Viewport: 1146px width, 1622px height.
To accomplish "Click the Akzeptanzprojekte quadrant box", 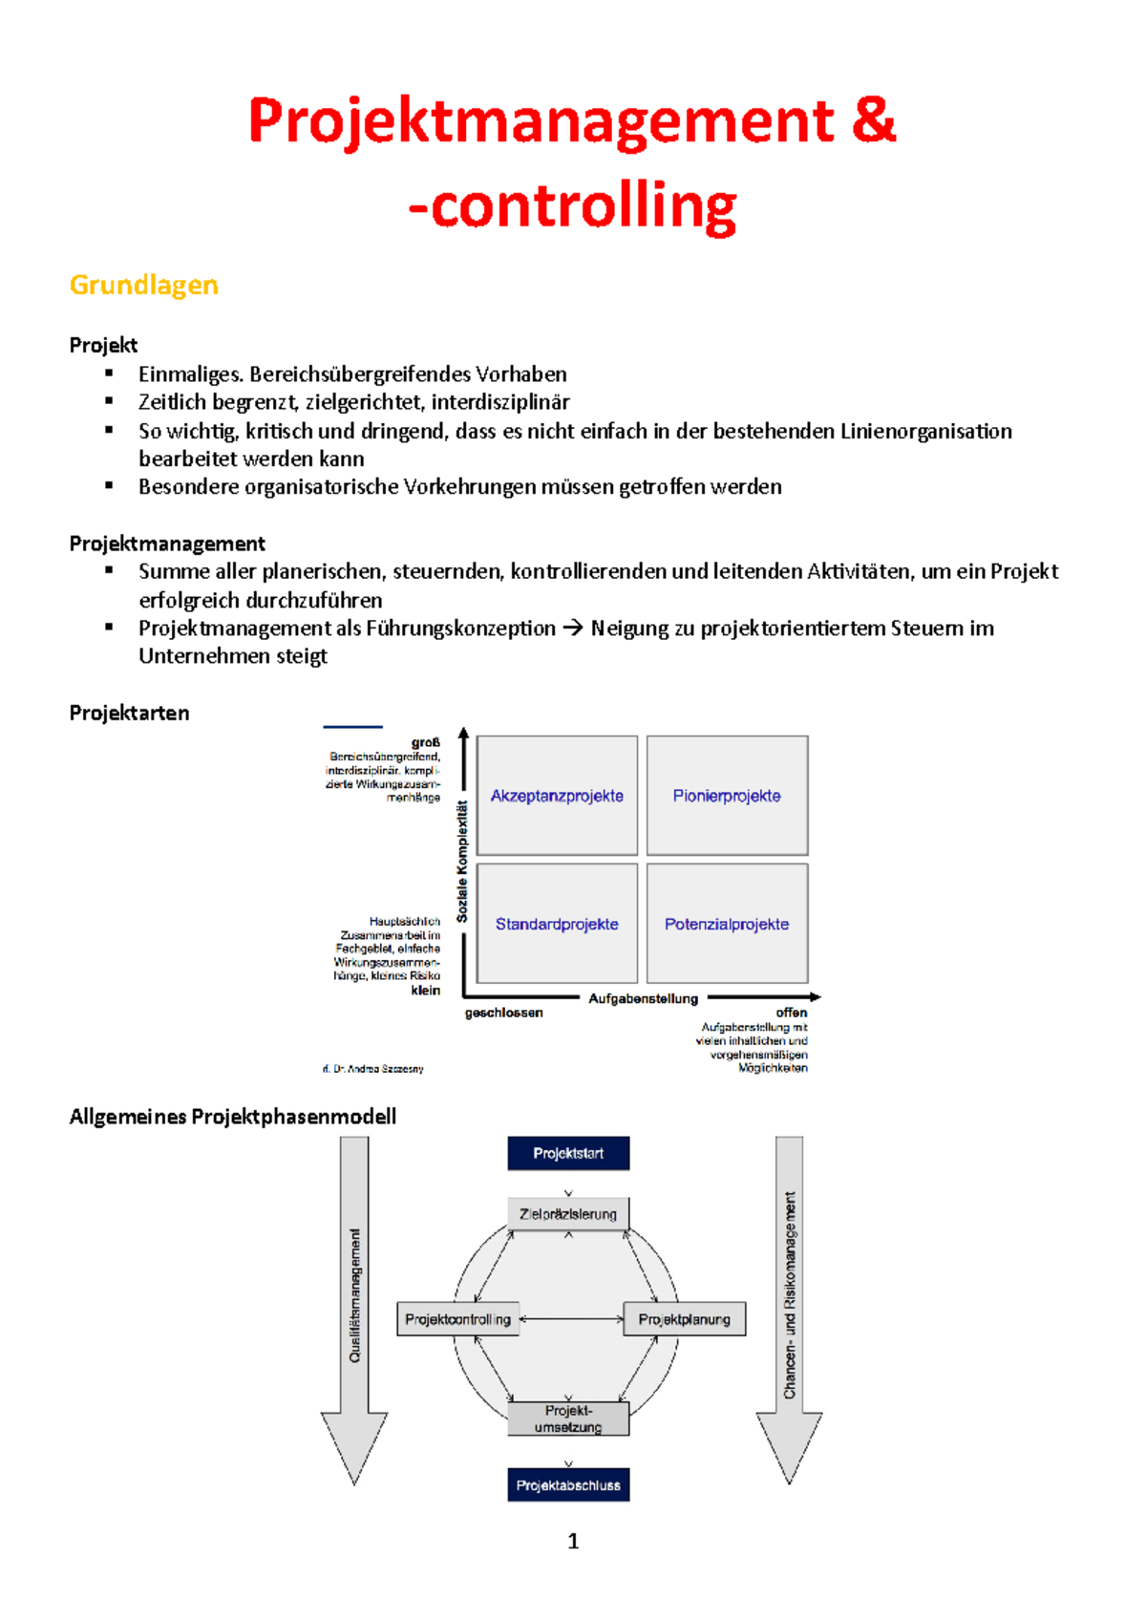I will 557,796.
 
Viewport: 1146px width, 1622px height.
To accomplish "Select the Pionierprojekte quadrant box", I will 727,796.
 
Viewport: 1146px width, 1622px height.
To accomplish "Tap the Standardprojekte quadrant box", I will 557,924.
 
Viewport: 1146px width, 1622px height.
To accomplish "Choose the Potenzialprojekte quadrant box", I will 727,924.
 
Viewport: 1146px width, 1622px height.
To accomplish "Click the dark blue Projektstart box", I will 568,1153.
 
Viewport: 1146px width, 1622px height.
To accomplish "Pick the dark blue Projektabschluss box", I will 568,1485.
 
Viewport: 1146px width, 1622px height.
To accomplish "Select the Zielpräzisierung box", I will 568,1214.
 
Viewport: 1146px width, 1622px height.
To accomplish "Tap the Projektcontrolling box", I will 458,1319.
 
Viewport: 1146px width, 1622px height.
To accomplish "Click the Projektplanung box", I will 684,1319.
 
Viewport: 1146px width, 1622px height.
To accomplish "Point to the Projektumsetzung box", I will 568,1419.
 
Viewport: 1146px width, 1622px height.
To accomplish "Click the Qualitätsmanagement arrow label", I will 355,1295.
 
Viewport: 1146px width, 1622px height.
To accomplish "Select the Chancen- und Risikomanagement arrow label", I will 790,1295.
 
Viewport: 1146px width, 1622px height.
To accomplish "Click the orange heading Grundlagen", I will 144,285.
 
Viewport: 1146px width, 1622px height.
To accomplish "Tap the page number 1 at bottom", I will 573,1541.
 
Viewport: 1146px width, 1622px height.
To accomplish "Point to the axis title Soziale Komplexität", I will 462,862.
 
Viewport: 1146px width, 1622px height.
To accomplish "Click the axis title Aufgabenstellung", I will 643,998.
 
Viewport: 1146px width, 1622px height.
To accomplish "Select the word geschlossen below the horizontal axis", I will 503,1013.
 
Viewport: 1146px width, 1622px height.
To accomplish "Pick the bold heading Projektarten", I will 129,713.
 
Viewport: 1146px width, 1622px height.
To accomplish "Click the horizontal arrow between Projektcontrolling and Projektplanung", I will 571,1319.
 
